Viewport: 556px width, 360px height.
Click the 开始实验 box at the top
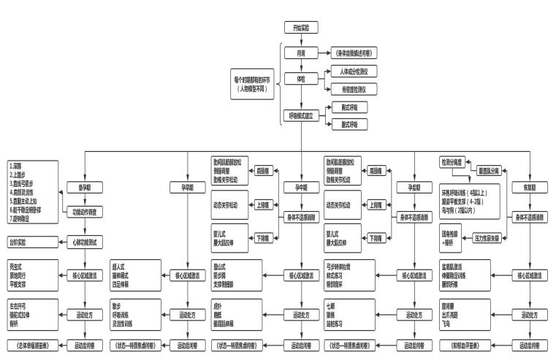click(x=300, y=27)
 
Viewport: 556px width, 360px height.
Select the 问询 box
click(x=300, y=54)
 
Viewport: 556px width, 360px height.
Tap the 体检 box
click(x=300, y=79)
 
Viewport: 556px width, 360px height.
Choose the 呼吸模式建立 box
click(x=300, y=115)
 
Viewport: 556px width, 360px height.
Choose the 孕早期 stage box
click(x=188, y=186)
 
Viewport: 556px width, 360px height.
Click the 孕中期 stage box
click(x=300, y=186)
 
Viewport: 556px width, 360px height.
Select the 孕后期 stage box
click(x=414, y=186)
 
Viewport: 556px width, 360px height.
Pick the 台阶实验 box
click(x=24, y=241)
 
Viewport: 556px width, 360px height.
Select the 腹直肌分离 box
click(x=490, y=170)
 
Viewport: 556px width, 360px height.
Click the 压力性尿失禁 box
click(x=489, y=238)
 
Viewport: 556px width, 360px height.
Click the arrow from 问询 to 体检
click(x=300, y=66)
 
